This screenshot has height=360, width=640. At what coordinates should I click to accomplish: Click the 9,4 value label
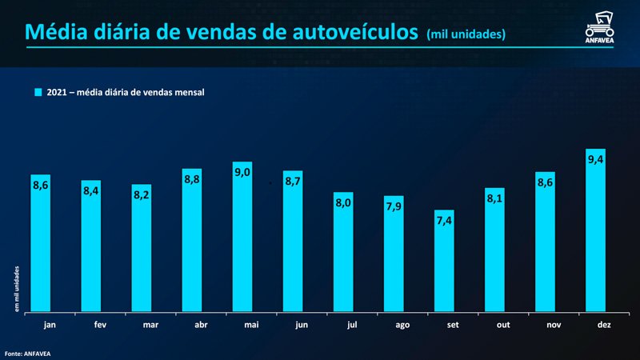tap(595, 160)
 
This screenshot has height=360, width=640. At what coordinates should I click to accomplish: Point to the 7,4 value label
tap(444, 220)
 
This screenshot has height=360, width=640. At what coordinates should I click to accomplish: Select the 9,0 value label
tap(242, 172)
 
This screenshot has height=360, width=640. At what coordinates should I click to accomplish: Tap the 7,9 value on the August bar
tap(394, 206)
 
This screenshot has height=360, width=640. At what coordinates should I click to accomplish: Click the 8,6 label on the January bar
tap(41, 185)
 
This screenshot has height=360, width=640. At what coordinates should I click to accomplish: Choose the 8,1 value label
tap(494, 198)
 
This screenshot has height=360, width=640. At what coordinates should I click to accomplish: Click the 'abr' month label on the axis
tap(192, 326)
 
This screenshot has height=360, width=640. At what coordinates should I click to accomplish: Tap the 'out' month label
tap(494, 326)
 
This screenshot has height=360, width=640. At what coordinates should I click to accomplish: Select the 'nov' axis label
tap(545, 326)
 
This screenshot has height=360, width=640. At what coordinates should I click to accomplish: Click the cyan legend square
tap(37, 92)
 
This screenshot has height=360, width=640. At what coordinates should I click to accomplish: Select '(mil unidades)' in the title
tap(466, 34)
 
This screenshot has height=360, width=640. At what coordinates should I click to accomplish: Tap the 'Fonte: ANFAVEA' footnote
tap(27, 352)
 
